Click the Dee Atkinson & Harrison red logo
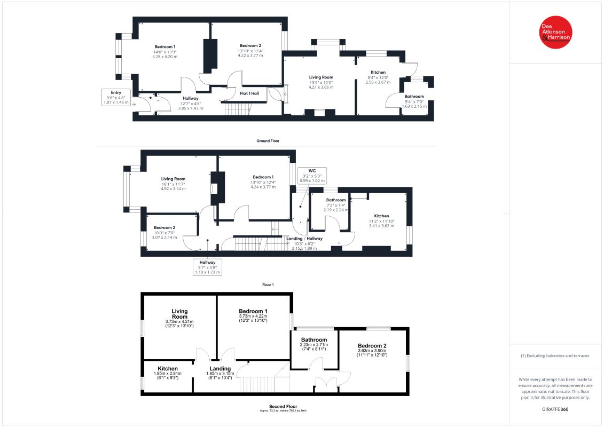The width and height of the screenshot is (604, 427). coord(555,33)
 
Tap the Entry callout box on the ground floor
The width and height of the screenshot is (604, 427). coord(116,98)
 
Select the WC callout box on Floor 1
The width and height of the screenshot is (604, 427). coord(312,176)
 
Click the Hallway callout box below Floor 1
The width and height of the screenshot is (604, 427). coord(208,267)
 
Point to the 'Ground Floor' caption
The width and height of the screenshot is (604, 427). coord(268,141)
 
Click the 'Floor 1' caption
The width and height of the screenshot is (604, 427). coord(268,285)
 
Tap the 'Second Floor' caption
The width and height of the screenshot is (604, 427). coord(283,407)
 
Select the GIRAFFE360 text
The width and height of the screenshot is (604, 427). coord(555,409)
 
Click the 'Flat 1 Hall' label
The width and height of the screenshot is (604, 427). coord(249,93)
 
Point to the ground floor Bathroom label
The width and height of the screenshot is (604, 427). coord(414,97)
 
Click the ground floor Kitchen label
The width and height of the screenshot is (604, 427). coord(378,73)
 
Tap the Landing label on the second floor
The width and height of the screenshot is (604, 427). coord(220,368)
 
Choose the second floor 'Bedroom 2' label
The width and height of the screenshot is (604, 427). coord(372,346)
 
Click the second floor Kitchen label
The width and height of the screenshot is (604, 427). coord(168,368)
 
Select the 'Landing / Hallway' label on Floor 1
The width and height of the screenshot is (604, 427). coord(304,239)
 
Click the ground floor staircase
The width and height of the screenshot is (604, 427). coord(238,109)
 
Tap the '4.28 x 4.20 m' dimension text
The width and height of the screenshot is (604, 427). coord(165,57)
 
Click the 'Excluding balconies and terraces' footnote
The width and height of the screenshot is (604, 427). coord(555,356)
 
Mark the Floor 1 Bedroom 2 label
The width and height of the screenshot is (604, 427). coord(164,227)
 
